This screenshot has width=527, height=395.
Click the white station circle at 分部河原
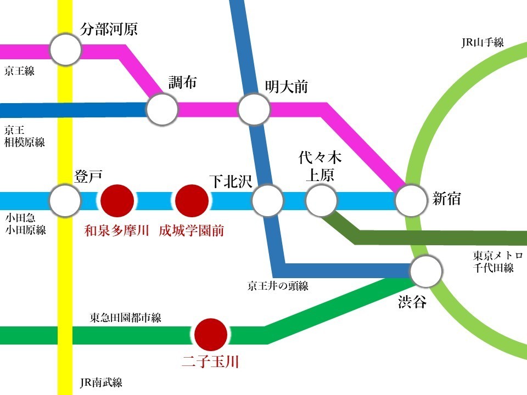pyautogui.click(x=65, y=49)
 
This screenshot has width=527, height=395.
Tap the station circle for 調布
pyautogui.click(x=162, y=109)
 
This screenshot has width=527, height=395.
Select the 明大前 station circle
pyautogui.click(x=254, y=109)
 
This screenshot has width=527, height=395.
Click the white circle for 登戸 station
pyautogui.click(x=65, y=200)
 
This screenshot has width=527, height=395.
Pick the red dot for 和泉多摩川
pyautogui.click(x=117, y=201)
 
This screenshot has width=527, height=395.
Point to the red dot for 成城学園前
pyautogui.click(x=192, y=201)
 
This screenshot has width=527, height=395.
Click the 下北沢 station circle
pyautogui.click(x=267, y=200)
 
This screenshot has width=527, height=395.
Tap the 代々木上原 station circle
pyautogui.click(x=321, y=200)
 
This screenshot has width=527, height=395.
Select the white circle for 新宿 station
pyautogui.click(x=411, y=200)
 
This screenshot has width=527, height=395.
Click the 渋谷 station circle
pyautogui.click(x=426, y=271)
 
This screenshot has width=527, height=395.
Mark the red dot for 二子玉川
pyautogui.click(x=211, y=335)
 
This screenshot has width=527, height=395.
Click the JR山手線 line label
pyautogui.click(x=483, y=43)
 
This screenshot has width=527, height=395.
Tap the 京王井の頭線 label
pyautogui.click(x=278, y=286)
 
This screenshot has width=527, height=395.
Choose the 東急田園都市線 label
pyautogui.click(x=125, y=318)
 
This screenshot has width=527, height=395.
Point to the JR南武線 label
pyautogui.click(x=101, y=382)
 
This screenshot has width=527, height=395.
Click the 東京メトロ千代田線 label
pyautogui.click(x=498, y=262)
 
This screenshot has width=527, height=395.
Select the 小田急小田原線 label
pyautogui.click(x=26, y=224)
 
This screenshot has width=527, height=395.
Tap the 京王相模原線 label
pyautogui.click(x=25, y=136)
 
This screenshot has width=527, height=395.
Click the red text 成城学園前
pyautogui.click(x=192, y=231)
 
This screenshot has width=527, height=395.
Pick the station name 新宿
pyautogui.click(x=446, y=199)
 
